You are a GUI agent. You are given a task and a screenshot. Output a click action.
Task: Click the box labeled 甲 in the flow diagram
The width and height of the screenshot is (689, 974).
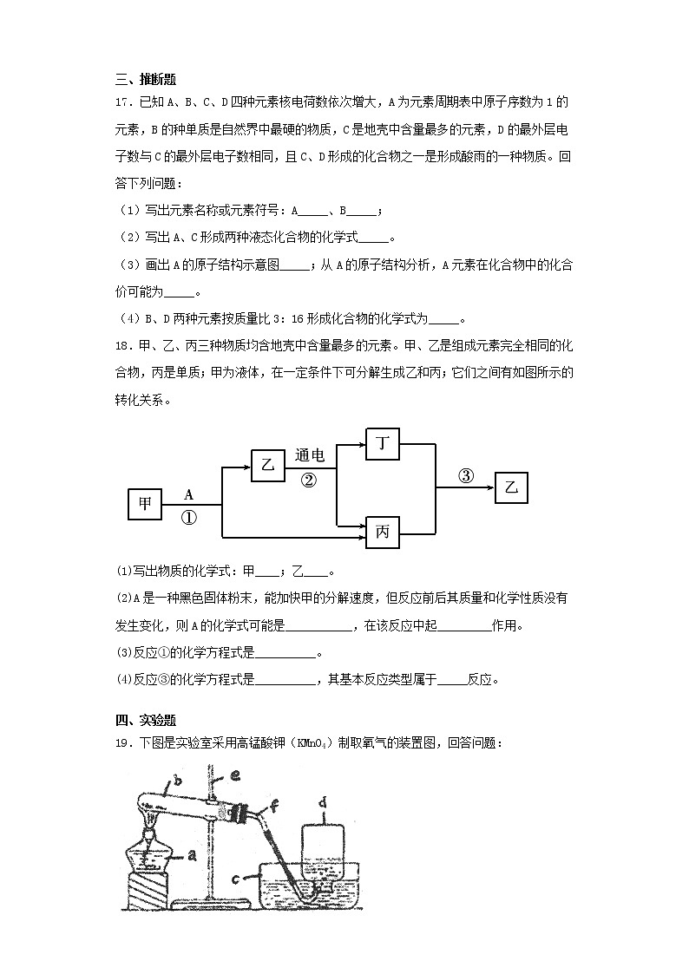point(144,504)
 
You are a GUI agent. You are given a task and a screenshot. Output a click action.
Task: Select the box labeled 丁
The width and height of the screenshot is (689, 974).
point(382,444)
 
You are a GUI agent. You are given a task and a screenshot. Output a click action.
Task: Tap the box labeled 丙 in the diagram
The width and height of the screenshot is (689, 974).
point(382,532)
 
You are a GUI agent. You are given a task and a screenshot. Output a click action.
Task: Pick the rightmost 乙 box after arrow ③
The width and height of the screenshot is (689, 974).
point(511,487)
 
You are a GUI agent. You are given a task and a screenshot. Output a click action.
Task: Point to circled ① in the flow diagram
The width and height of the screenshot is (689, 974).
point(188,517)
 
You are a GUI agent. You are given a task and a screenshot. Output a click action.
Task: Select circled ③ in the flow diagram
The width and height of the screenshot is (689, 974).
point(466,475)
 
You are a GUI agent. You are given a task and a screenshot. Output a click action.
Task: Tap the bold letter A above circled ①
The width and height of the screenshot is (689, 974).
point(188,494)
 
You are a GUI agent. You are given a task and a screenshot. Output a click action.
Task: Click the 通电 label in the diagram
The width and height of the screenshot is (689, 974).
point(310,455)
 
